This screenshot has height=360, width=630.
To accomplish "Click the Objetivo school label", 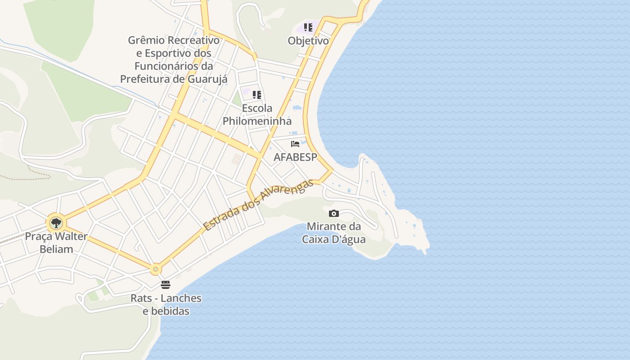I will point(308,41).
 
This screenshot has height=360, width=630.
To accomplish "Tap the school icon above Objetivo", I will point(308,27).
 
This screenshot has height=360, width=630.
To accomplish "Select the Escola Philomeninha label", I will point(257,115).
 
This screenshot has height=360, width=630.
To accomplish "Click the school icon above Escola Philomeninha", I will point(257,95).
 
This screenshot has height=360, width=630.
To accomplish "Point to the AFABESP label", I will point(295,157).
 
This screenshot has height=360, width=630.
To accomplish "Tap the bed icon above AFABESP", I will point(295,144).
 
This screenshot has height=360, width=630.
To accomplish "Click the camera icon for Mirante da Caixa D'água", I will point(334,213).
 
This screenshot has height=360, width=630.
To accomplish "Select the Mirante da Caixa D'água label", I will point(334,233).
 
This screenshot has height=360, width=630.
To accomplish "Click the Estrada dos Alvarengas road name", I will point(258,205).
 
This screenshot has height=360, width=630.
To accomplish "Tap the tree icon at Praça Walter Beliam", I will point(56,223).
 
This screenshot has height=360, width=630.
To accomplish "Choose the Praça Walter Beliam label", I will point(56,243).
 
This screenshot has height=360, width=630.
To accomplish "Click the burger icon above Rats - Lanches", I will point(166,285).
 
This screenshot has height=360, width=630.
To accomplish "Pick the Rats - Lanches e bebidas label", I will point(166,305).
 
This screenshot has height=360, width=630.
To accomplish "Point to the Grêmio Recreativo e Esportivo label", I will point(174,59).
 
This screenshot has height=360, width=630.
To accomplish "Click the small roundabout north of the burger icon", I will point(156,270).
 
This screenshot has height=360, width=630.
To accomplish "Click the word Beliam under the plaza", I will point(56,249).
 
